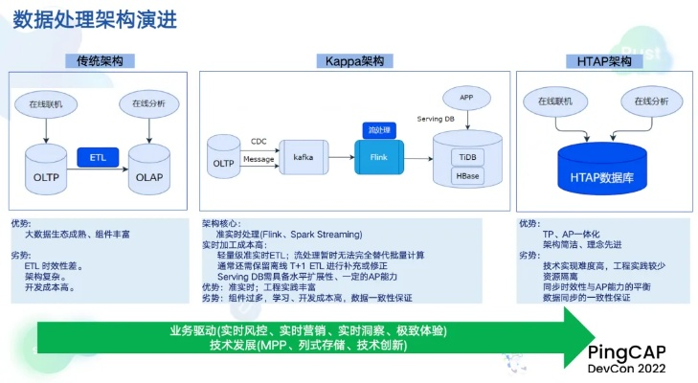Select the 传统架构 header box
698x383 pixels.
pos(105,60)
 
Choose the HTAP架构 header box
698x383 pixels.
pos(604,60)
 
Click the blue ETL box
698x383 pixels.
pos(98,155)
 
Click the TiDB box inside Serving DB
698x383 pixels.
pos(468,155)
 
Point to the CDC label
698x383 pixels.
pos(259,141)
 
